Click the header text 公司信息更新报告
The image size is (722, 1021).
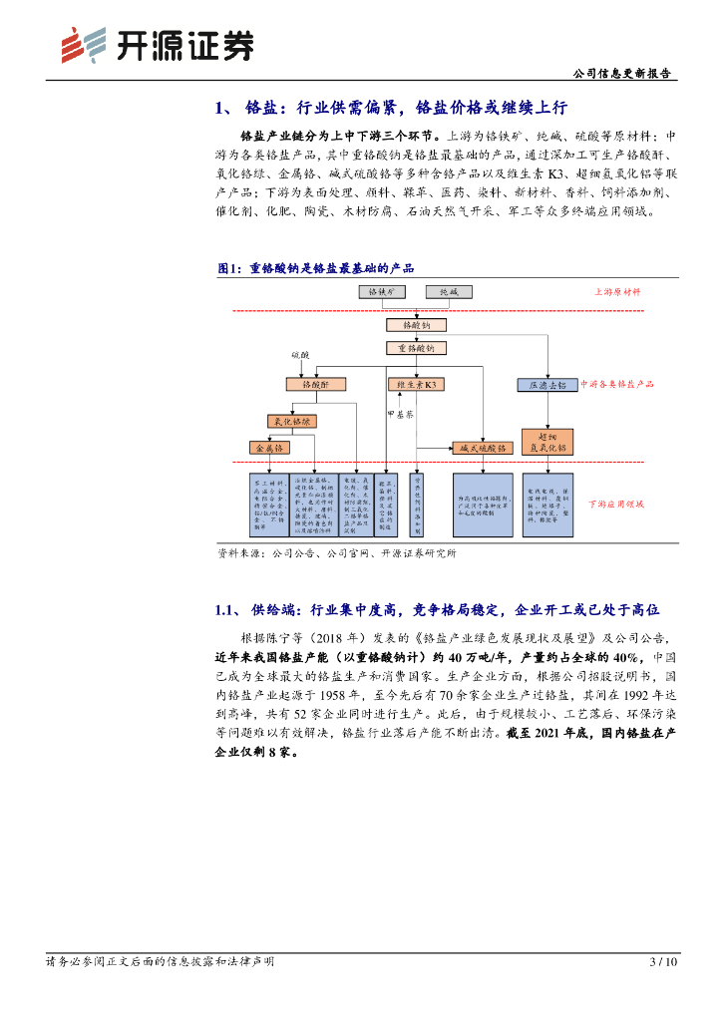pos(624,73)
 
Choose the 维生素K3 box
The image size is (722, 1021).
pos(416,384)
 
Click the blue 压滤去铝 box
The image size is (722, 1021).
pos(546,385)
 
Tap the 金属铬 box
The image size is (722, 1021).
pos(271,449)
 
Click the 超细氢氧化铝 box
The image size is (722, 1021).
pos(546,441)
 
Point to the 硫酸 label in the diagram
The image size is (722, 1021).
pos(300,355)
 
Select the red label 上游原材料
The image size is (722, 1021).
pos(618,292)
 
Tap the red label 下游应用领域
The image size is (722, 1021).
pos(615,505)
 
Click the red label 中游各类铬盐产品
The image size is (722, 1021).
pos(616,383)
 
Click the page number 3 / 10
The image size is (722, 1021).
pos(663,962)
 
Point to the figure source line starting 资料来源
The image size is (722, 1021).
pos(336,552)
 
